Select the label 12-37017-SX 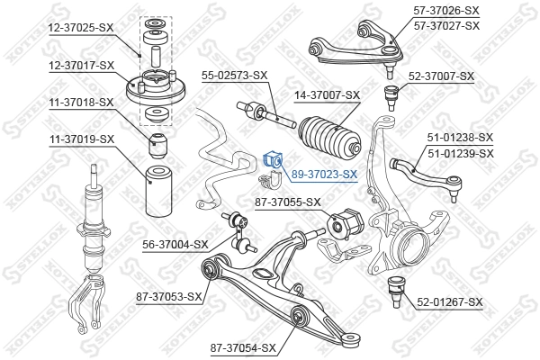[x=81, y=66]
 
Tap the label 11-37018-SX [x=81, y=103]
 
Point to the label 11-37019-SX [x=81, y=139]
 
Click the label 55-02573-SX [x=235, y=75]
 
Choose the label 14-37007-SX [x=327, y=94]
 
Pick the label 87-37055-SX [x=288, y=202]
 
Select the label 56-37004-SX [x=175, y=244]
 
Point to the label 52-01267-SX [x=450, y=302]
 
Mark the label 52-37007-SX [x=441, y=76]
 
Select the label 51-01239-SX [x=460, y=154]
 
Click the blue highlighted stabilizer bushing [x=274, y=160]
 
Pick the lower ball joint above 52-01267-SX [x=393, y=291]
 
